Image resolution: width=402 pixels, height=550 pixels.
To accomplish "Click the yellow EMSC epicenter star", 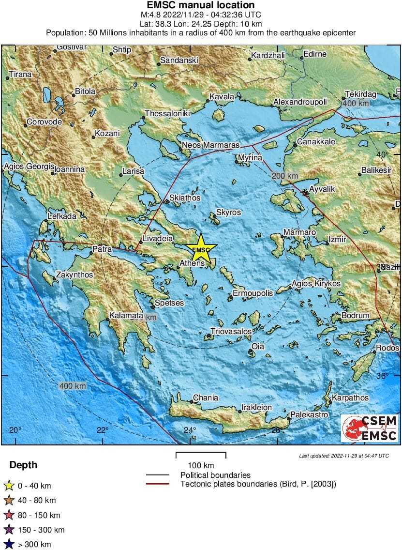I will pyautogui.click(x=201, y=249).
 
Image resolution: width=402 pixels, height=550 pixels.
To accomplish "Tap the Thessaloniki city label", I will pyautogui.click(x=167, y=114).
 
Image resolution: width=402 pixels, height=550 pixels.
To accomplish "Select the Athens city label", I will pyautogui.click(x=192, y=264).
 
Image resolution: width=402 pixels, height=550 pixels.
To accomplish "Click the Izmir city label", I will pyautogui.click(x=337, y=240).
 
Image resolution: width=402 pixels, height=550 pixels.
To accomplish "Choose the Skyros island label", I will pyautogui.click(x=228, y=213).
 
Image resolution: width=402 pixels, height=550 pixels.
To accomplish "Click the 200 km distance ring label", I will pyautogui.click(x=285, y=176).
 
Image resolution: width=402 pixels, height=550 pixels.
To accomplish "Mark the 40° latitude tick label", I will pyautogui.click(x=383, y=154).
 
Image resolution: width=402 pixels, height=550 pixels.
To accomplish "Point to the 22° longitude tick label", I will pyautogui.click(x=102, y=430).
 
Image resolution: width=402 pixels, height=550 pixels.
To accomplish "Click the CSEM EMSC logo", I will pyautogui.click(x=370, y=428).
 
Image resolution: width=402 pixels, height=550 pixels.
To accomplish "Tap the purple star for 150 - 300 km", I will pyautogui.click(x=8, y=530).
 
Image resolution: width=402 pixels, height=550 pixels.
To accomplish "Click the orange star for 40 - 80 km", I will pyautogui.click(x=8, y=501).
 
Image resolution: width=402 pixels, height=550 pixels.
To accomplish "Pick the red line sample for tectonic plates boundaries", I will pyautogui.click(x=157, y=484).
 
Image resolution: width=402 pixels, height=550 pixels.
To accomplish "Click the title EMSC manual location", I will pyautogui.click(x=201, y=5).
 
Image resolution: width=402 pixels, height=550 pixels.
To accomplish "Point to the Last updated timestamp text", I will pyautogui.click(x=343, y=456).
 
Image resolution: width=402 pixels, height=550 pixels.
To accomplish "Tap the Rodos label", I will pyautogui.click(x=387, y=348).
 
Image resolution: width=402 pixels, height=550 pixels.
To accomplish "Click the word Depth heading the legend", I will pyautogui.click(x=23, y=465).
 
